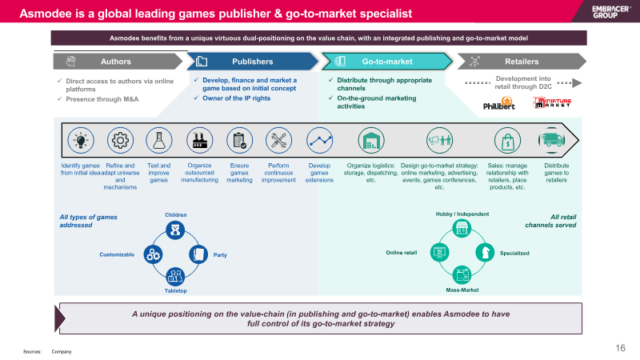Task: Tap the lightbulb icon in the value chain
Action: [81, 141]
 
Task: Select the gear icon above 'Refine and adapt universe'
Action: [120, 141]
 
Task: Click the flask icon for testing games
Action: [158, 141]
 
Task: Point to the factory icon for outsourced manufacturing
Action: [199, 141]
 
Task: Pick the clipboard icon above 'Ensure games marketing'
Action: [239, 141]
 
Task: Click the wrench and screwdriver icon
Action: [278, 141]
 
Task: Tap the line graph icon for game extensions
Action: [319, 141]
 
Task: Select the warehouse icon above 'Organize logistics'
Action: [371, 141]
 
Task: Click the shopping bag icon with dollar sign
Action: [507, 141]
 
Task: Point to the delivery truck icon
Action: [551, 141]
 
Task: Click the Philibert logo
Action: [498, 103]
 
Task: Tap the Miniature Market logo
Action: [552, 102]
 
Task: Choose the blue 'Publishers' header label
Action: [252, 62]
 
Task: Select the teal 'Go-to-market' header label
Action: [387, 62]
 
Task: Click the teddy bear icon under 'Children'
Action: [175, 230]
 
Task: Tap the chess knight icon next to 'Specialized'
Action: [485, 252]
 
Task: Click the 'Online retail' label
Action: [402, 253]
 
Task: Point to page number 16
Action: [621, 348]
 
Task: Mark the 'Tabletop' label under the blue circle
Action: [175, 290]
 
